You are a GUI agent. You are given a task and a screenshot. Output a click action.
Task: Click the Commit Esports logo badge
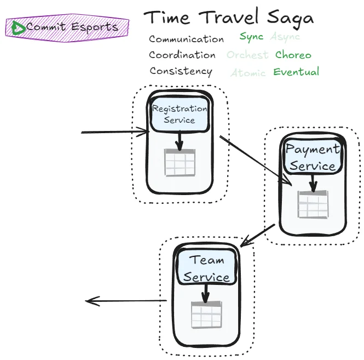pos(67,27)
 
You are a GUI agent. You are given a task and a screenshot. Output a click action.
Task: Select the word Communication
pos(186,39)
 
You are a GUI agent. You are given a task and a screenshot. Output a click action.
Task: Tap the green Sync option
pos(251,37)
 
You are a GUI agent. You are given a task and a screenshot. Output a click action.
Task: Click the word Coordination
pos(182,55)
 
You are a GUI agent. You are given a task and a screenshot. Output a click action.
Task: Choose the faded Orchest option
pos(247,55)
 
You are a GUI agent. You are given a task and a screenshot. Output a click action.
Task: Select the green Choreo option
pos(293,55)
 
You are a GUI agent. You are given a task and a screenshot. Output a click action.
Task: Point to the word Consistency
pos(181,71)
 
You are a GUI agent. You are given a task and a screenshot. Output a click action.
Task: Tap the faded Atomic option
pos(248,73)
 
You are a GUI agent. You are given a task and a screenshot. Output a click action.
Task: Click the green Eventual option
pos(296,72)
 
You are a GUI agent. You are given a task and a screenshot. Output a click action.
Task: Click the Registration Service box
pos(180,115)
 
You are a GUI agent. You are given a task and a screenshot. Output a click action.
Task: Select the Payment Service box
pos(313,157)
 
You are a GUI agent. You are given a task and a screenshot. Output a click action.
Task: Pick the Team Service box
pos(206,268)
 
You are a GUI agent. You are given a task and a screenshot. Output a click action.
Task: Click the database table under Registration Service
pos(180,162)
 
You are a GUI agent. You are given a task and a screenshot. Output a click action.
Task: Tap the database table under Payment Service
pos(312,204)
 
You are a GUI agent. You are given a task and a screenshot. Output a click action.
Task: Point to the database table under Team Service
pos(205,315)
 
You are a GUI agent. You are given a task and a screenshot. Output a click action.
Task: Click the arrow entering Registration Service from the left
pos(115,132)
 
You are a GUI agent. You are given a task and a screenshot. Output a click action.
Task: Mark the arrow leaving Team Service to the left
pos(126,300)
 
